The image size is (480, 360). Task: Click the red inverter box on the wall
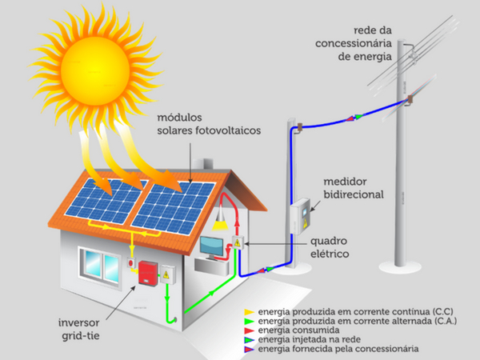coord(148,273)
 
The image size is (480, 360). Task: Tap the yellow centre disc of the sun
coord(95,71)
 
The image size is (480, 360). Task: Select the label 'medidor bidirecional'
coord(354,188)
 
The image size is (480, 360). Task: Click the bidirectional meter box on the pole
coord(300,216)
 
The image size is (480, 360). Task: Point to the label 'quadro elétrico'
coord(330,247)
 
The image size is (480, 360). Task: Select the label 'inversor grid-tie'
coord(79,329)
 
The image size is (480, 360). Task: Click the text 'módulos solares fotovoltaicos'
coord(209,124)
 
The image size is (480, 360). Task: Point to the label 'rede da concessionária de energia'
coord(354,43)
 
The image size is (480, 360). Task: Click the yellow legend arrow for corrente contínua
coord(249,312)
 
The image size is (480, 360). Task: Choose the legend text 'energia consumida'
coord(298,330)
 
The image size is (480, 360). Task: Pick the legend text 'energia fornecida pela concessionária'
coord(338,349)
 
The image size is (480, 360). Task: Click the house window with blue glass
coord(100,266)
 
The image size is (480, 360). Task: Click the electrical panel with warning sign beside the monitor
coord(238,242)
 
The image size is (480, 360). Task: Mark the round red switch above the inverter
coord(131,262)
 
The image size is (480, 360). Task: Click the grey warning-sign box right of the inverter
coord(167,274)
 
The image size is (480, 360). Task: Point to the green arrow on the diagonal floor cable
coord(210,294)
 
